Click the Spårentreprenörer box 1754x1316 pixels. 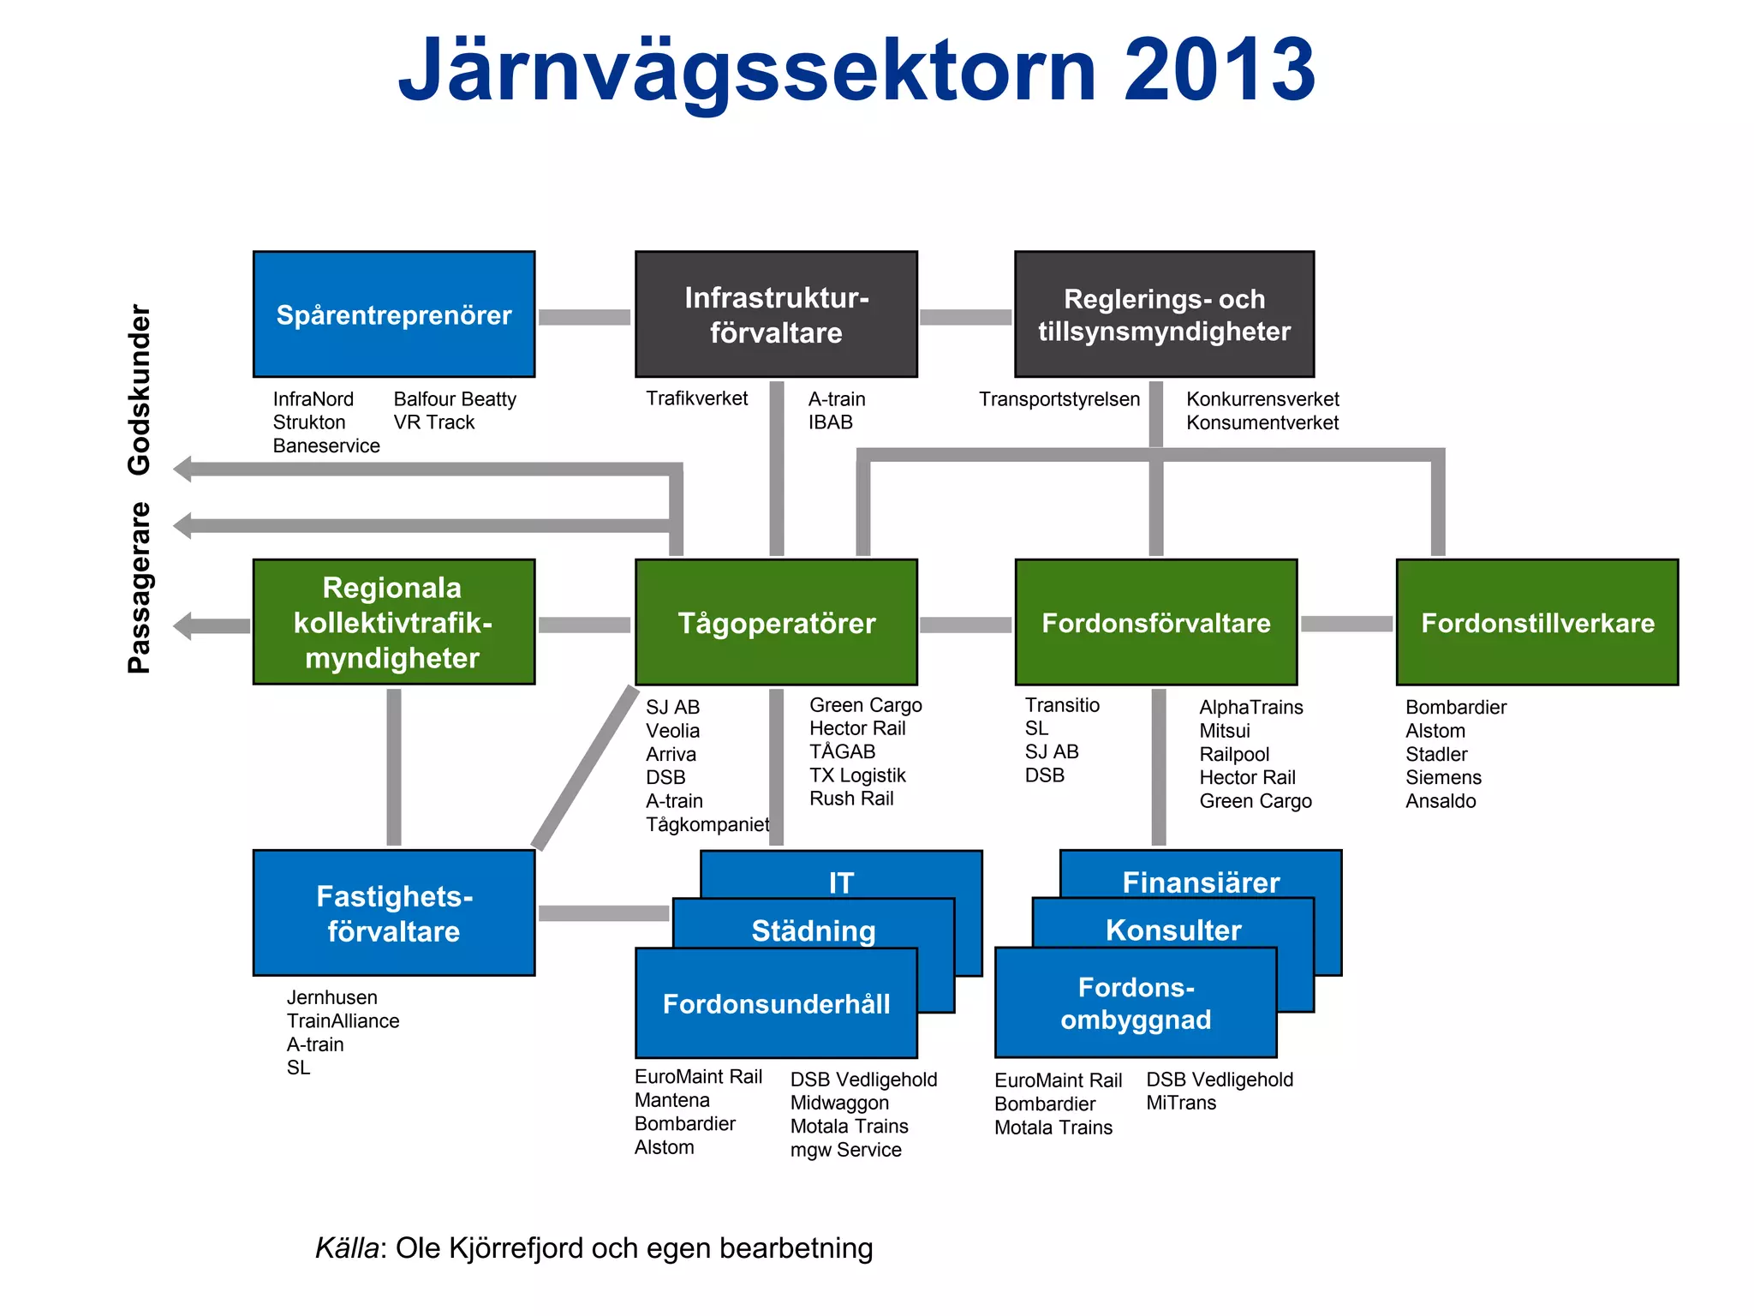[394, 314]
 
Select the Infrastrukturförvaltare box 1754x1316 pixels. [776, 314]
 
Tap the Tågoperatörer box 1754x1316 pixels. [776, 623]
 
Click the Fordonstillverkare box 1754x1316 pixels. [1537, 623]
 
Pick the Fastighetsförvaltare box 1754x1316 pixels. [394, 913]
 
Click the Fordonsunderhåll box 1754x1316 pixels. [776, 1004]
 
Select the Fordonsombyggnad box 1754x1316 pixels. [1136, 1004]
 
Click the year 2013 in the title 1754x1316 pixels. [1220, 70]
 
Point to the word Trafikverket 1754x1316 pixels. [696, 398]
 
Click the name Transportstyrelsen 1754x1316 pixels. [1059, 399]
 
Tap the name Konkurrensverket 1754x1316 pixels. [1262, 399]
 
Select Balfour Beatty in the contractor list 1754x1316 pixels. [455, 399]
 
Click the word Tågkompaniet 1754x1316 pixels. [707, 824]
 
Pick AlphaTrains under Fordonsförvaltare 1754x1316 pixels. [1250, 707]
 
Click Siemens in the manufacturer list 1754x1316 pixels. [1443, 777]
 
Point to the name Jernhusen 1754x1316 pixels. [331, 997]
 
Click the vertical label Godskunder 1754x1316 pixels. [139, 389]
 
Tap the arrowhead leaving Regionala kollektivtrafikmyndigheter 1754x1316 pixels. [182, 626]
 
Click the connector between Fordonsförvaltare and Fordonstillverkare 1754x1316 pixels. [1346, 624]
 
